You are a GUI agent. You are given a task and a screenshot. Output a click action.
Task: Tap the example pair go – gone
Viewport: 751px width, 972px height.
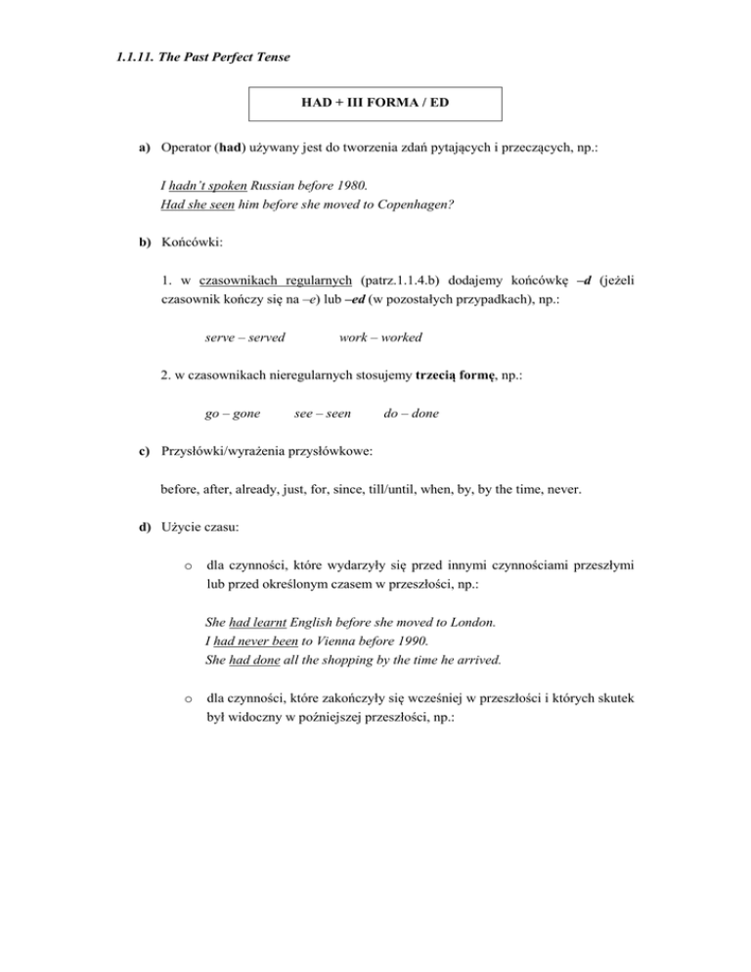(233, 414)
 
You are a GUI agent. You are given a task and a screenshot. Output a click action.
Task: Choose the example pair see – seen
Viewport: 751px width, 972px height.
(322, 414)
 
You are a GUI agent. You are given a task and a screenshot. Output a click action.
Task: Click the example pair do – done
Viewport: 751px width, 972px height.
(411, 414)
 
